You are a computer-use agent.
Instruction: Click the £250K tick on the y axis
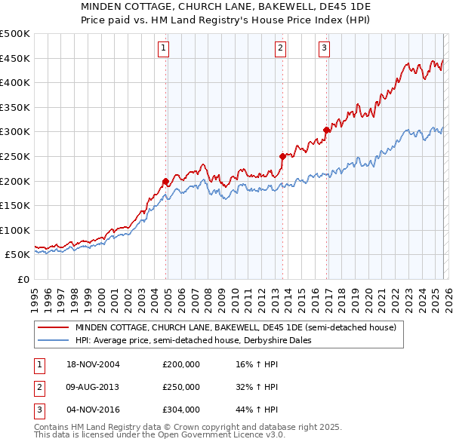(x=15, y=156)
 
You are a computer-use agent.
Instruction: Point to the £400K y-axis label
(x=15, y=82)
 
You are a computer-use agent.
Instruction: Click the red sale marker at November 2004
(x=165, y=181)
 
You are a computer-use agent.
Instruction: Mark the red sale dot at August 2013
(x=282, y=156)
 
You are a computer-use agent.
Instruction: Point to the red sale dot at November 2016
(x=326, y=130)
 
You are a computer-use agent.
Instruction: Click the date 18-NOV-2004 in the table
(x=93, y=364)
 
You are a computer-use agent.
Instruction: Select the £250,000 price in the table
(x=180, y=387)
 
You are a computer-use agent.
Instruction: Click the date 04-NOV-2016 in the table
(x=93, y=410)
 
